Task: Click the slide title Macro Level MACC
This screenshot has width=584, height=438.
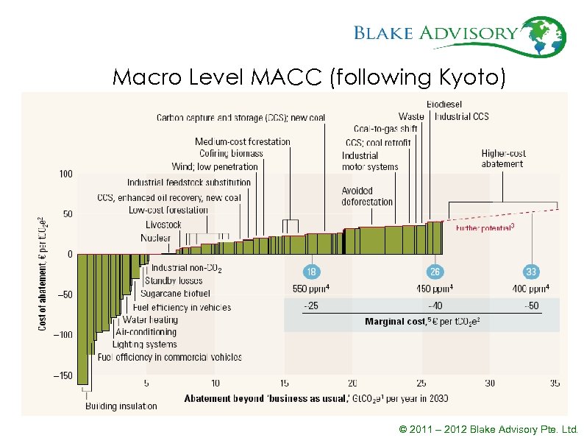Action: tap(309, 77)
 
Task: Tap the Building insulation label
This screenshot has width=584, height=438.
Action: tap(121, 406)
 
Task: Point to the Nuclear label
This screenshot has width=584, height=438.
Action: tap(156, 238)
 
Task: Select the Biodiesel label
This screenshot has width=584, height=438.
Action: tap(445, 104)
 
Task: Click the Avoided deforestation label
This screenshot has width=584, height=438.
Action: tap(367, 197)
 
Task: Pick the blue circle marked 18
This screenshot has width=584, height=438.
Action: tap(312, 272)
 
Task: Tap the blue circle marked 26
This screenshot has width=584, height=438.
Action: tap(435, 272)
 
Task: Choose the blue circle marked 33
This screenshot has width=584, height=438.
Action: tap(531, 272)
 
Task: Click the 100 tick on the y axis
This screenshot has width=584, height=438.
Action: tap(66, 174)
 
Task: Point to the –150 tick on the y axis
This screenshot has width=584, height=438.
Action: tap(65, 375)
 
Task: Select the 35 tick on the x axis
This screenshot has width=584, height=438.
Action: tap(555, 383)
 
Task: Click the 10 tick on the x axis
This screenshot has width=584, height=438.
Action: tap(215, 383)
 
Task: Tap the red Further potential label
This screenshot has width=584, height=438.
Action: tap(485, 228)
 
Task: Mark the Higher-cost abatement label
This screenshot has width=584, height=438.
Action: tap(504, 158)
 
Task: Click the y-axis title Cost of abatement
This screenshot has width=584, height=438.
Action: tap(43, 272)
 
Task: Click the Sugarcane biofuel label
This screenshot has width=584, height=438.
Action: tap(175, 293)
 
